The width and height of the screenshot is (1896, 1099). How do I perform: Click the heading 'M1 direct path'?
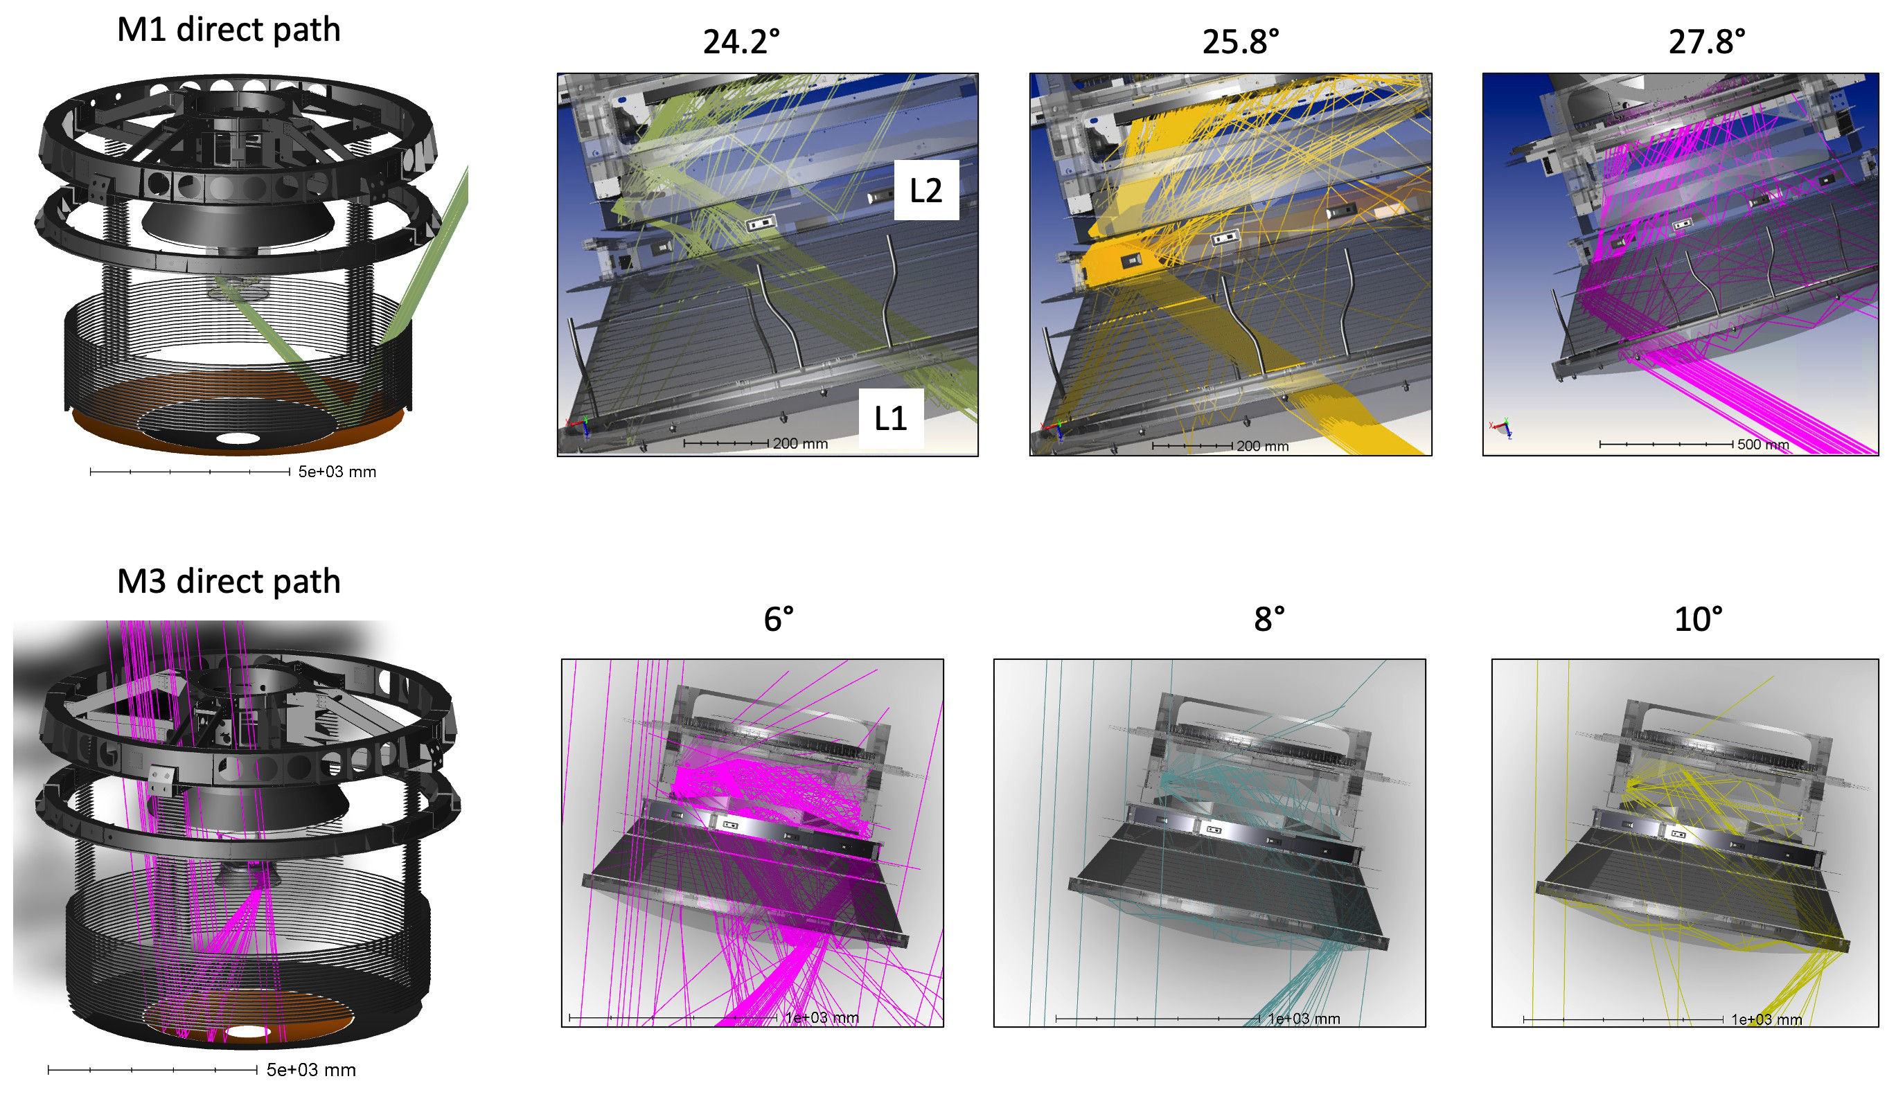229,30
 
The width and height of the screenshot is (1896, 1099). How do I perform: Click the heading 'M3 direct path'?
229,582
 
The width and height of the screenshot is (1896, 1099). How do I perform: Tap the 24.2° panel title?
741,42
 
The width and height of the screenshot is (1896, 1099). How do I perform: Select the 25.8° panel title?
1241,42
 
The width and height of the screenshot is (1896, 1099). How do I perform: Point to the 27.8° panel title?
1706,42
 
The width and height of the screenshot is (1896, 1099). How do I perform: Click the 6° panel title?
779,619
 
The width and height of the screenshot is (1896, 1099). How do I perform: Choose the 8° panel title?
1269,619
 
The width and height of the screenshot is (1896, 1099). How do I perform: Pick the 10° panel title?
1698,619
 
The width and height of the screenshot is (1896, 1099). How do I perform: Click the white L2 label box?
926,190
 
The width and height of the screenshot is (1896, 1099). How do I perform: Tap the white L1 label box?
891,418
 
